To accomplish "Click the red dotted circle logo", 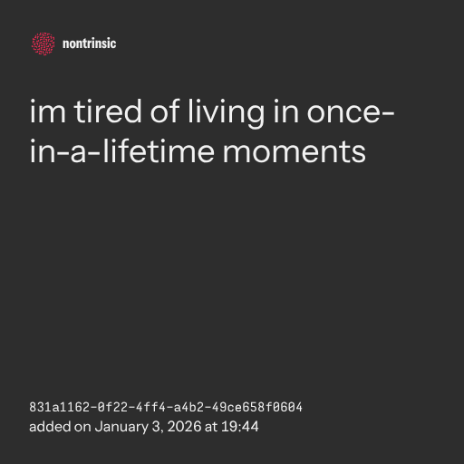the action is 43,43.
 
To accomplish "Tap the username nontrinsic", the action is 89,43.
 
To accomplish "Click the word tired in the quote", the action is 108,111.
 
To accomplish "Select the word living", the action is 227,113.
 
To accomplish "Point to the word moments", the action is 295,152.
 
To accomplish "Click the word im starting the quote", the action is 48,111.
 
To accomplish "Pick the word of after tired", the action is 165,111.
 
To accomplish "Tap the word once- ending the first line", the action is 351,113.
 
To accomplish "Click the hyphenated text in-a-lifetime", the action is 122,150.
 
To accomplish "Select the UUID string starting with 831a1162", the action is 166,407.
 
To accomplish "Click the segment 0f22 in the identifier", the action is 112,407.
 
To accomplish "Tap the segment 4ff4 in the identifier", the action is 150,407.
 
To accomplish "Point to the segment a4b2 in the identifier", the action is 188,407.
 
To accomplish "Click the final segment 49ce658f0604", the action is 256,407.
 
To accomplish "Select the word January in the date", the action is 121,427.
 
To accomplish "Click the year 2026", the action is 184,427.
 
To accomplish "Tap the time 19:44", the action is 240,427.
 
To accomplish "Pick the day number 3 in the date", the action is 157,427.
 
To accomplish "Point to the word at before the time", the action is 211,427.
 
